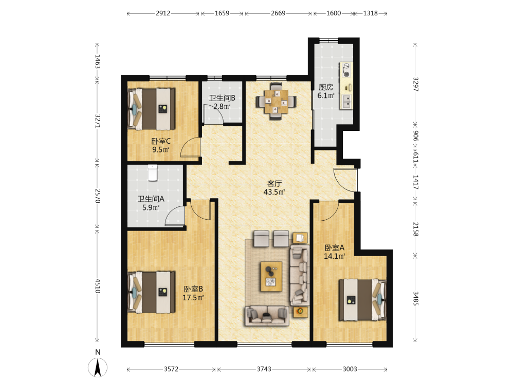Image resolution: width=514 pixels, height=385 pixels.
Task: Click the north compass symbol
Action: click(x=97, y=367)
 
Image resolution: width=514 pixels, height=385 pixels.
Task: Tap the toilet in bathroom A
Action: click(x=153, y=172)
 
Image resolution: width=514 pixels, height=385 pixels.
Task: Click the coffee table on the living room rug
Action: click(x=271, y=276)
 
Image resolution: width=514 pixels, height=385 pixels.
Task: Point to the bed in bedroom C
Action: click(x=152, y=109)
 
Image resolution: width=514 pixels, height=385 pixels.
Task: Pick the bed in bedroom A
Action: click(x=362, y=300)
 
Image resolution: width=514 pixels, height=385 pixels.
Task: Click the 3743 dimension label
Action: click(x=264, y=369)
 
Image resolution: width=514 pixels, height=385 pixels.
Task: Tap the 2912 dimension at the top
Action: click(x=163, y=13)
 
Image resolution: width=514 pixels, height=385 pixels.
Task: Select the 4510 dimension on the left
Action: click(x=97, y=286)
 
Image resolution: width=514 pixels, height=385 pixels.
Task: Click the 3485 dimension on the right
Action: click(x=415, y=298)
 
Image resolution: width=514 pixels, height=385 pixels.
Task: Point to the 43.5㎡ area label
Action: click(x=274, y=192)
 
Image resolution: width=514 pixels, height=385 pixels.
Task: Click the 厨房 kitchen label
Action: click(x=326, y=87)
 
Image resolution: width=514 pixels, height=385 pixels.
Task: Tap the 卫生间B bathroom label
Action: click(x=222, y=98)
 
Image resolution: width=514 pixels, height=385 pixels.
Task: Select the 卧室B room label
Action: click(x=193, y=289)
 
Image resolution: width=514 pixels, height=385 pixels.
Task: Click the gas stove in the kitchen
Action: click(x=346, y=70)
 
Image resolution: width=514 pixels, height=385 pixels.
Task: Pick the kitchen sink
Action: click(x=346, y=102)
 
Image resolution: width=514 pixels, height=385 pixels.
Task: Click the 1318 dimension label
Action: click(x=371, y=13)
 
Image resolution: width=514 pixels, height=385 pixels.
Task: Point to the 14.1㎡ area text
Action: click(x=335, y=256)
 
